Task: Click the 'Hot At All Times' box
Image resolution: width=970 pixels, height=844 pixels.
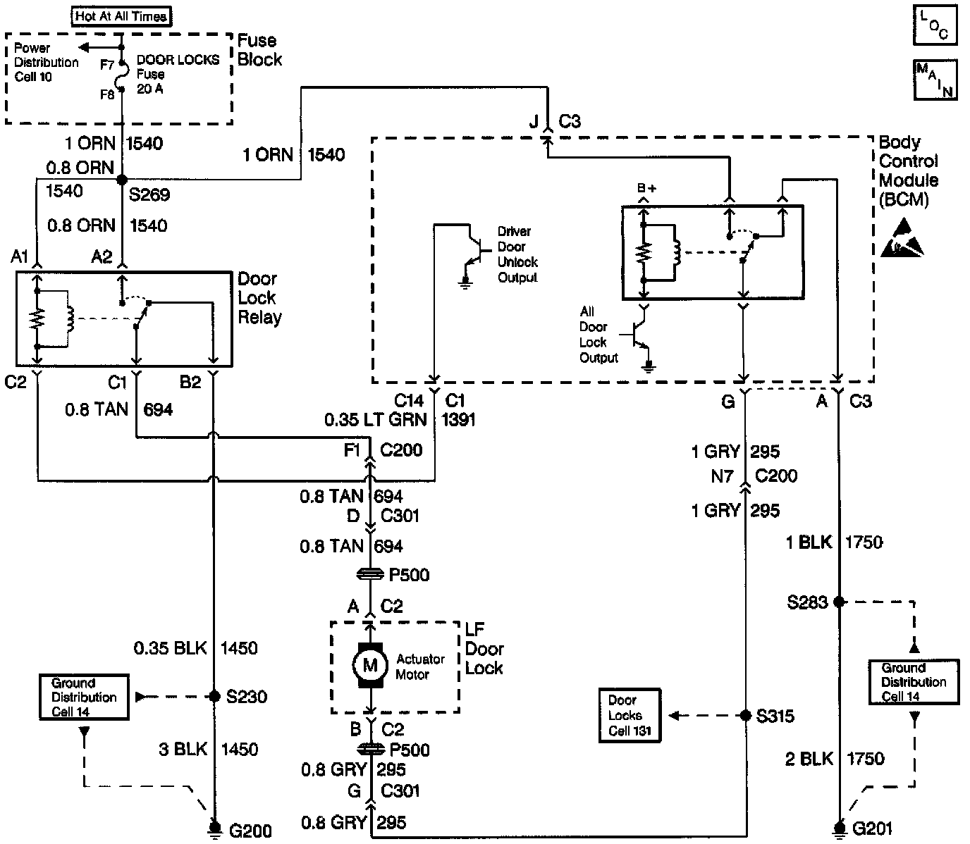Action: click(x=121, y=15)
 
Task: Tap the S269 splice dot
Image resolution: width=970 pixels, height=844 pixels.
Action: click(x=121, y=180)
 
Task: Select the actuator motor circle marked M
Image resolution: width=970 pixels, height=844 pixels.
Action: click(x=370, y=664)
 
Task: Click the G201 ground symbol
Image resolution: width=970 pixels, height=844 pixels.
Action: click(x=839, y=827)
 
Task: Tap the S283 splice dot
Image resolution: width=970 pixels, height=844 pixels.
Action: click(x=839, y=602)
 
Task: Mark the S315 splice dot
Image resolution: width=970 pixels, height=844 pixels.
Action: click(x=745, y=716)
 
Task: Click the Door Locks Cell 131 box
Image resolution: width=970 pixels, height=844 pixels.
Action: click(x=630, y=715)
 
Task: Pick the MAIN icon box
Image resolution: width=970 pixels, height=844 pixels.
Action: click(x=935, y=80)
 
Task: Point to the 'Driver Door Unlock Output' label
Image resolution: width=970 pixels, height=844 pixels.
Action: click(x=517, y=254)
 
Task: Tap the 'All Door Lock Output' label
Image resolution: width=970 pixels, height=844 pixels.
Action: click(x=598, y=335)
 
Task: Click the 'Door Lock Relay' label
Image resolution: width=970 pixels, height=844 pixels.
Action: click(x=259, y=298)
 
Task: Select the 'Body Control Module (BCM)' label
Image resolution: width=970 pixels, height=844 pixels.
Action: click(x=908, y=171)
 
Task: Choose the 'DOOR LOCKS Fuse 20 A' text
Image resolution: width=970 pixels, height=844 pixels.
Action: click(x=177, y=75)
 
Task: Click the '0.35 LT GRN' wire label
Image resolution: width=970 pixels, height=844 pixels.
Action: click(x=375, y=420)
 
